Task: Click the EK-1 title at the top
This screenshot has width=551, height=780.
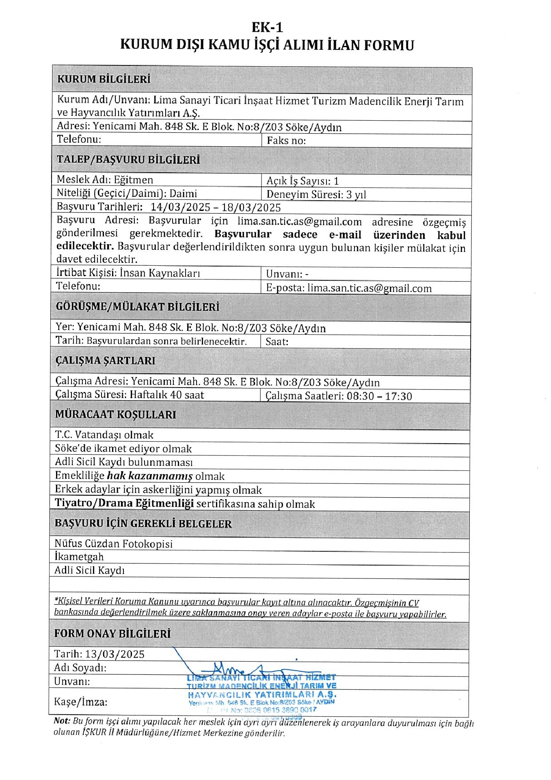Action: (267, 27)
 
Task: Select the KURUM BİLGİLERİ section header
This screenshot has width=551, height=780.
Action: (104, 79)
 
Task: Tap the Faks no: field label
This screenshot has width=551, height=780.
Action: (286, 141)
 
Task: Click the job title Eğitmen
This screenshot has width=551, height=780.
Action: (133, 180)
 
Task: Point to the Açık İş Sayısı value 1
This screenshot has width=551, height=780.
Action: (336, 181)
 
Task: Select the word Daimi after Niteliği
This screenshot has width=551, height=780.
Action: (183, 193)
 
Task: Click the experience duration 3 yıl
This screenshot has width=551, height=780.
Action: (356, 195)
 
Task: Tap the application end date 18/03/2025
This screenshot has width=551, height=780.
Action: (251, 208)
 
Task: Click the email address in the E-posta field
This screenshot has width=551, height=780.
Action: (369, 288)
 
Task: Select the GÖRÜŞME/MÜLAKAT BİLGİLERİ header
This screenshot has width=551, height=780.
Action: (137, 307)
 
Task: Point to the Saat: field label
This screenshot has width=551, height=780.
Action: (277, 342)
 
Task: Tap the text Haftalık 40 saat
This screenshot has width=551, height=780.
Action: (166, 395)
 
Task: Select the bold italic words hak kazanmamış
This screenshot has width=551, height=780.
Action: (149, 476)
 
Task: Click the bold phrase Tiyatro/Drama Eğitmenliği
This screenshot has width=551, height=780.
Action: (124, 503)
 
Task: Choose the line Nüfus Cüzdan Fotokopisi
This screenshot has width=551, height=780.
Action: (113, 544)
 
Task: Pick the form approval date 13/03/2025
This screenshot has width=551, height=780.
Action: (115, 654)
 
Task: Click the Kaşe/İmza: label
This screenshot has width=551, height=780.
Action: (80, 702)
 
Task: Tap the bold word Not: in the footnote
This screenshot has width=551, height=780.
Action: (62, 721)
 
